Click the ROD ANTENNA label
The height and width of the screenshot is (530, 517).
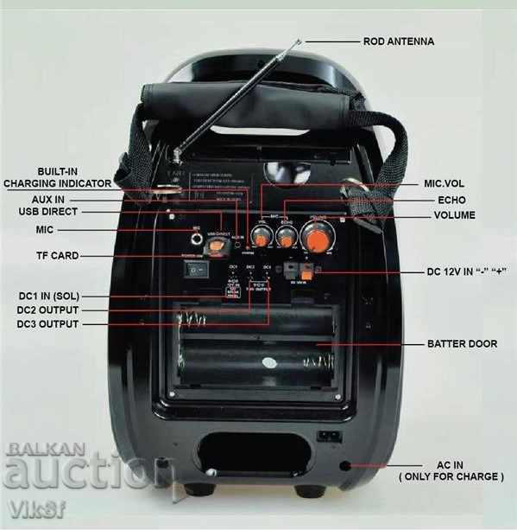398,41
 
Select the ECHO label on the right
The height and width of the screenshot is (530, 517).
450,200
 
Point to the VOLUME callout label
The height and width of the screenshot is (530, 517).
454,214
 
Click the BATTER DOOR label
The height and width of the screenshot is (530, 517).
462,343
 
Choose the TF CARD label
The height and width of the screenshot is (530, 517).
54,256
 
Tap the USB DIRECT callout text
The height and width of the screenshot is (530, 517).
47,212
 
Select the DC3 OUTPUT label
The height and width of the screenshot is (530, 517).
47,324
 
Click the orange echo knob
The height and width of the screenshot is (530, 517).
288,233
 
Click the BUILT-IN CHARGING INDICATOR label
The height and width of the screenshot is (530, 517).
57,177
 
